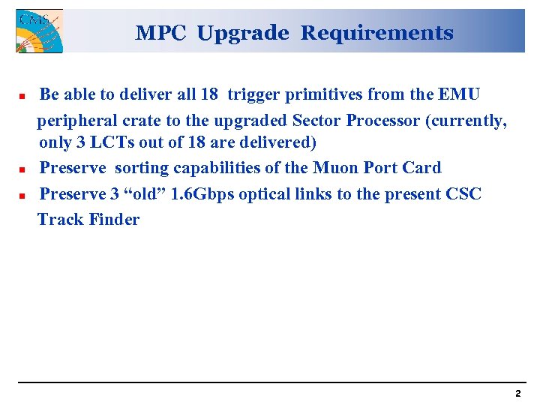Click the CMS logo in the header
coord(39,31)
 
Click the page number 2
coord(517,393)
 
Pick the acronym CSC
coord(463,194)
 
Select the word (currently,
coord(466,120)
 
